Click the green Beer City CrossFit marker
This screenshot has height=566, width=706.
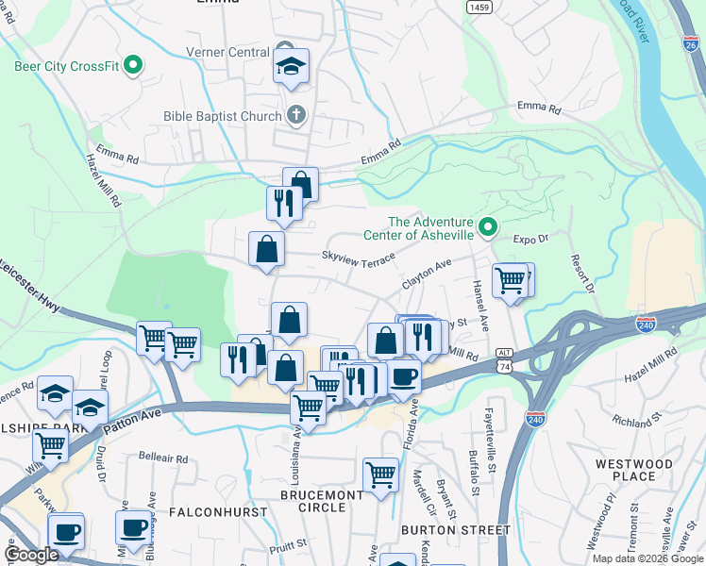pyautogui.click(x=133, y=66)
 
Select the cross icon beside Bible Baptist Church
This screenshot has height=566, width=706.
pyautogui.click(x=295, y=116)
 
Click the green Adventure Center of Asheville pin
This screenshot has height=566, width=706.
pyautogui.click(x=488, y=226)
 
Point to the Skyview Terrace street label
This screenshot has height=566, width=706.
pyautogui.click(x=358, y=256)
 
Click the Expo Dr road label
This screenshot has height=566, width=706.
pyautogui.click(x=530, y=241)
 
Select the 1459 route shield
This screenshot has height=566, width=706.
pyautogui.click(x=479, y=7)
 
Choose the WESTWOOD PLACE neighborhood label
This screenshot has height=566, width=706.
pyautogui.click(x=633, y=470)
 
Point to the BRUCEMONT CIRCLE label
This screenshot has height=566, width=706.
pyautogui.click(x=321, y=501)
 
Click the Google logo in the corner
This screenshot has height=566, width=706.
pyautogui.click(x=32, y=555)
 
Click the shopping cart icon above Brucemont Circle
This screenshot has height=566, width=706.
pyautogui.click(x=381, y=474)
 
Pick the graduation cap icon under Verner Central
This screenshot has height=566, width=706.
pyautogui.click(x=292, y=66)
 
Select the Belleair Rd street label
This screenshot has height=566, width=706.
pyautogui.click(x=163, y=458)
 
